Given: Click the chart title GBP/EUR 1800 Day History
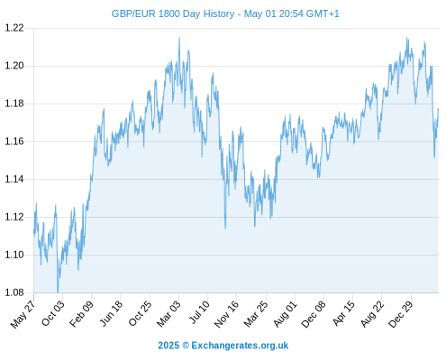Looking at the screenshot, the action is pos(173,13).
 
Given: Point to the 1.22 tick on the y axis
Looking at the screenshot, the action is pos(14,28).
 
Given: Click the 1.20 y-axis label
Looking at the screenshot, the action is pos(14,66).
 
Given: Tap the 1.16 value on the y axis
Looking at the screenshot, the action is pos(14,141).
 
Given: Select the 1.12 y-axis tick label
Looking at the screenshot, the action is pos(14,217).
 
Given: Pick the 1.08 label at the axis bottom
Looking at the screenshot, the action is pos(14,292).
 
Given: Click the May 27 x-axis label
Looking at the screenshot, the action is pos(23,314).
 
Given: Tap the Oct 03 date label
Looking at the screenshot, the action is pos(53,313).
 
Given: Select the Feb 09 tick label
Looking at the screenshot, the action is pos(82,313).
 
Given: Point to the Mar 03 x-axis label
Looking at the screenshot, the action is pos(169,313).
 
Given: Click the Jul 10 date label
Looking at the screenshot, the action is pos(199,312).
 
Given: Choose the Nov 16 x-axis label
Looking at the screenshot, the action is pos(227,314).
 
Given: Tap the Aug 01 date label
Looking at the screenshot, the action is pos(286,313).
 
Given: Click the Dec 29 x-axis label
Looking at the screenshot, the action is pos(401,314).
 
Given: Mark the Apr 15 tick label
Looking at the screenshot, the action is pos(344,313).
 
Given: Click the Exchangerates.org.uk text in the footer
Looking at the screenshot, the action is pos(240,346).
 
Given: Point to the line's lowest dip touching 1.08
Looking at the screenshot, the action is pos(58,292).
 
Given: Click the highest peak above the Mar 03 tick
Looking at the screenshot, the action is pos(179,38).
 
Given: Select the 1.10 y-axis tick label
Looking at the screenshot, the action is pos(14,255).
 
